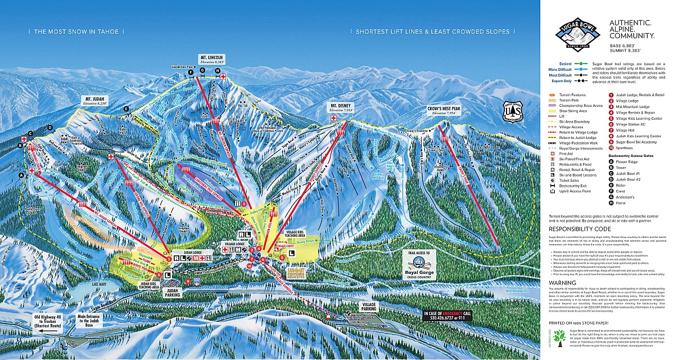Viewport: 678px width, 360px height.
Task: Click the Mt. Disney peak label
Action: tap(341, 107)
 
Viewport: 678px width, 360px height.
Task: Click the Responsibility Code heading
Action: tap(579, 229)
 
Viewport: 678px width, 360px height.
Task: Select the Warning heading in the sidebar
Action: tap(563, 282)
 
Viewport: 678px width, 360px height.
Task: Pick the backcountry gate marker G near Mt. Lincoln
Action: tap(202, 70)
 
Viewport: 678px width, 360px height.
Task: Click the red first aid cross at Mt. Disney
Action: tap(333, 119)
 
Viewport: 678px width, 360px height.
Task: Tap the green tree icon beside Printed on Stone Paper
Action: tap(559, 336)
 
